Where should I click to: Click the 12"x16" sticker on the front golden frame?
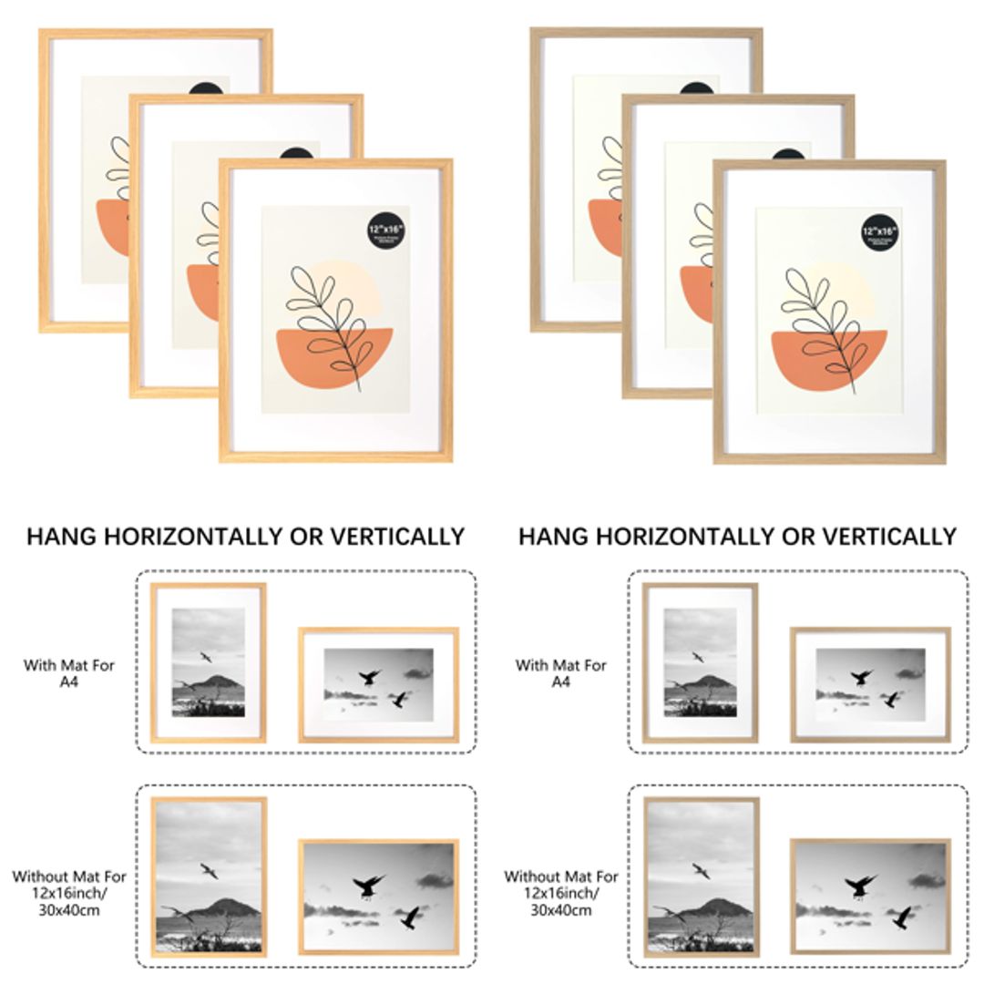click(x=385, y=227)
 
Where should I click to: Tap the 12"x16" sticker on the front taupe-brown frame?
click(x=879, y=230)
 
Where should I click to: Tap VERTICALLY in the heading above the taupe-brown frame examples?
click(x=881, y=537)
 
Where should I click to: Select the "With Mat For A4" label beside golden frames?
click(x=69, y=673)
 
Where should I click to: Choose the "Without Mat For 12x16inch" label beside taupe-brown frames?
click(x=561, y=893)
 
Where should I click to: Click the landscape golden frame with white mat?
click(x=378, y=684)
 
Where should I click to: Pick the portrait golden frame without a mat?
click(x=209, y=876)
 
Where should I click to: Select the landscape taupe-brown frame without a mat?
click(x=870, y=897)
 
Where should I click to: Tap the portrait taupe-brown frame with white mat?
click(x=700, y=662)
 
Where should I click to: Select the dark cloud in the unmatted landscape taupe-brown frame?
click(x=927, y=881)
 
